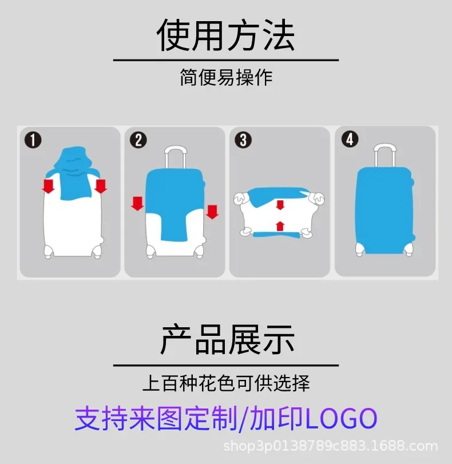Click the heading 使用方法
pos(225,35)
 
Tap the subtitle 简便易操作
pos(226,77)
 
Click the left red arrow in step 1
pos(49,185)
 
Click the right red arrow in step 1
pos(101,185)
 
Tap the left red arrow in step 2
pos(137,203)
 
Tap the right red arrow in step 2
pos(212,211)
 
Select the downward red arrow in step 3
pos(280,205)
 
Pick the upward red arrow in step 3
pos(280,225)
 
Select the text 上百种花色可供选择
pos(226,383)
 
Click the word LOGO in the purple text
pos(341,418)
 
